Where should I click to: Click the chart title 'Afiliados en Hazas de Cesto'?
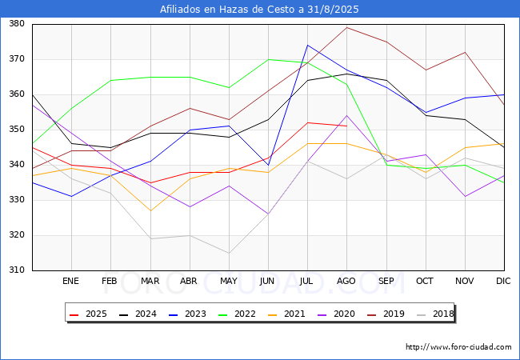(259, 10)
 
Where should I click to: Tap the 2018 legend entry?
(441, 314)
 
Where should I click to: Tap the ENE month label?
(71, 282)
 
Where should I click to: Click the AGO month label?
(346, 282)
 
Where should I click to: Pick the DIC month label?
(503, 282)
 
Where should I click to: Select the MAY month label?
(228, 282)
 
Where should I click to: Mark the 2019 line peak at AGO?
(346, 27)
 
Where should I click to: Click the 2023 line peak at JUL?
(307, 45)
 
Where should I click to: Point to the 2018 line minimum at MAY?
(229, 253)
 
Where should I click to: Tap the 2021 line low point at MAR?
(150, 210)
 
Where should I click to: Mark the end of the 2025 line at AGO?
(346, 126)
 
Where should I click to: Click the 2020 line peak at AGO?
(346, 115)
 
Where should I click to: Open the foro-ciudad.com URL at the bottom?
(458, 347)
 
